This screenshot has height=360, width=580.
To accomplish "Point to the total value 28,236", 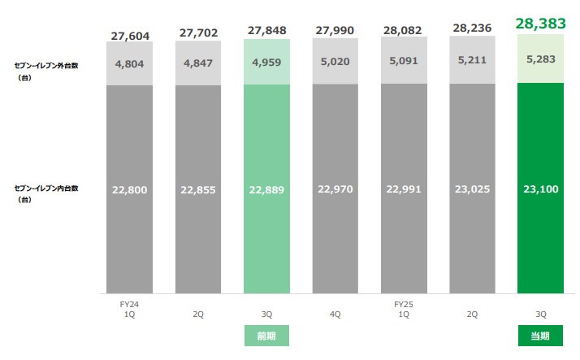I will coord(471,29).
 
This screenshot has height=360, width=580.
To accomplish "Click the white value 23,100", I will coord(540,190).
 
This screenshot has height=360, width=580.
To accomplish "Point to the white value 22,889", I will coord(266,190).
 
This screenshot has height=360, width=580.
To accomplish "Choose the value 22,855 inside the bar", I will coord(197,190).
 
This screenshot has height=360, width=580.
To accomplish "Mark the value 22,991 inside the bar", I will coord(403,190).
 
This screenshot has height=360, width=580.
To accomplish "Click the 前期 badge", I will coord(266,336).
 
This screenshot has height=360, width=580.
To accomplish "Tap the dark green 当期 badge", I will coord(540,336).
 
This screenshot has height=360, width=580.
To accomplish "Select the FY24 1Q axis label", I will coord(129,310).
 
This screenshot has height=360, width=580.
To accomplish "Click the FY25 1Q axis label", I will coord(403,310).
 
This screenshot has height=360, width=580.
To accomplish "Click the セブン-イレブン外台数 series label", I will coord(46,64).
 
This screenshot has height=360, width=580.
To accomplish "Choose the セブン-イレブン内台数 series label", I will coord(46,188).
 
